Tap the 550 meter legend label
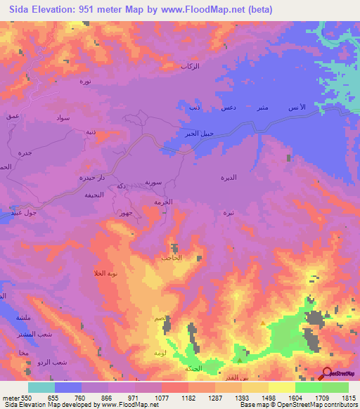pyautogui.click(x=22, y=397)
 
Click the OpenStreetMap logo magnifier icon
pyautogui.click(x=328, y=373)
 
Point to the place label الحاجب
pyautogui.click(x=172, y=259)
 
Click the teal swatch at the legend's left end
pyautogui.click(x=41, y=387)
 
